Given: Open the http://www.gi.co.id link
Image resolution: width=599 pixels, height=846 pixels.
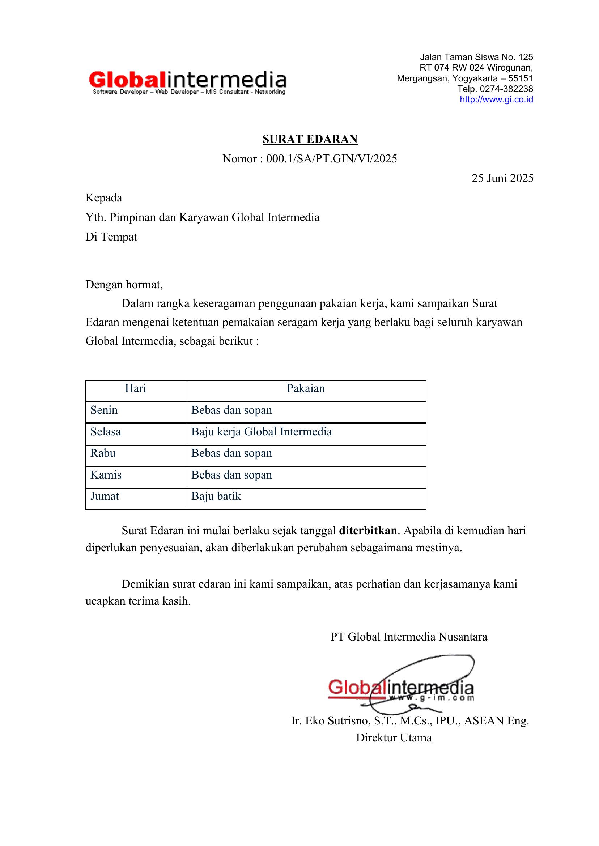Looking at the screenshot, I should pyautogui.click(x=496, y=99).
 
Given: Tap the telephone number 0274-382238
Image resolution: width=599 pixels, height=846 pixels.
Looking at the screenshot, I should pyautogui.click(x=506, y=89).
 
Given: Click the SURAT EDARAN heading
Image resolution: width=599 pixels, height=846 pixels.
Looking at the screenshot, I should pyautogui.click(x=310, y=139).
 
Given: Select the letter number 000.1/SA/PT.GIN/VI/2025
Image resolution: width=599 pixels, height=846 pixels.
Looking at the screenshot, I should pyautogui.click(x=331, y=158).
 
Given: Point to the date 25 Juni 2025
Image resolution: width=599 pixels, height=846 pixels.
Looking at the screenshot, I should pyautogui.click(x=502, y=178).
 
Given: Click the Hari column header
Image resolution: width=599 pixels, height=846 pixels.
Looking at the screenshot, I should pyautogui.click(x=135, y=388).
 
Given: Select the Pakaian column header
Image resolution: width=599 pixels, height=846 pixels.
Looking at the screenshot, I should pyautogui.click(x=306, y=388).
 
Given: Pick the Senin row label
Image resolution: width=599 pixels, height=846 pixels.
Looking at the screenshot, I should pyautogui.click(x=104, y=410).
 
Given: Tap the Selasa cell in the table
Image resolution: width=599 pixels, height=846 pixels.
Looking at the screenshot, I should pyautogui.click(x=106, y=432).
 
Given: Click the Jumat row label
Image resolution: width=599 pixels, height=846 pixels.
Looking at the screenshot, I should pyautogui.click(x=105, y=496).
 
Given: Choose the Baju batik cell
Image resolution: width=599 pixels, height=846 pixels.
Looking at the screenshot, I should pyautogui.click(x=216, y=496).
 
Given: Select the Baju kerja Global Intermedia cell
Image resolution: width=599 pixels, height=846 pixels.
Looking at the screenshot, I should pyautogui.click(x=262, y=432).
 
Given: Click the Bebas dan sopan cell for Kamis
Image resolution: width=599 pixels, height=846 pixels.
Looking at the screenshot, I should pyautogui.click(x=231, y=475).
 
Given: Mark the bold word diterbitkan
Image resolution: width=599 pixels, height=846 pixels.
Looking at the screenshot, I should pyautogui.click(x=368, y=531).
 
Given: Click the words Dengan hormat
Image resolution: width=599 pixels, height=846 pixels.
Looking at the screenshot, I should pyautogui.click(x=124, y=284).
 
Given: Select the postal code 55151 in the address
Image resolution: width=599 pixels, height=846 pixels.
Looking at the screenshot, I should pyautogui.click(x=520, y=78).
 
